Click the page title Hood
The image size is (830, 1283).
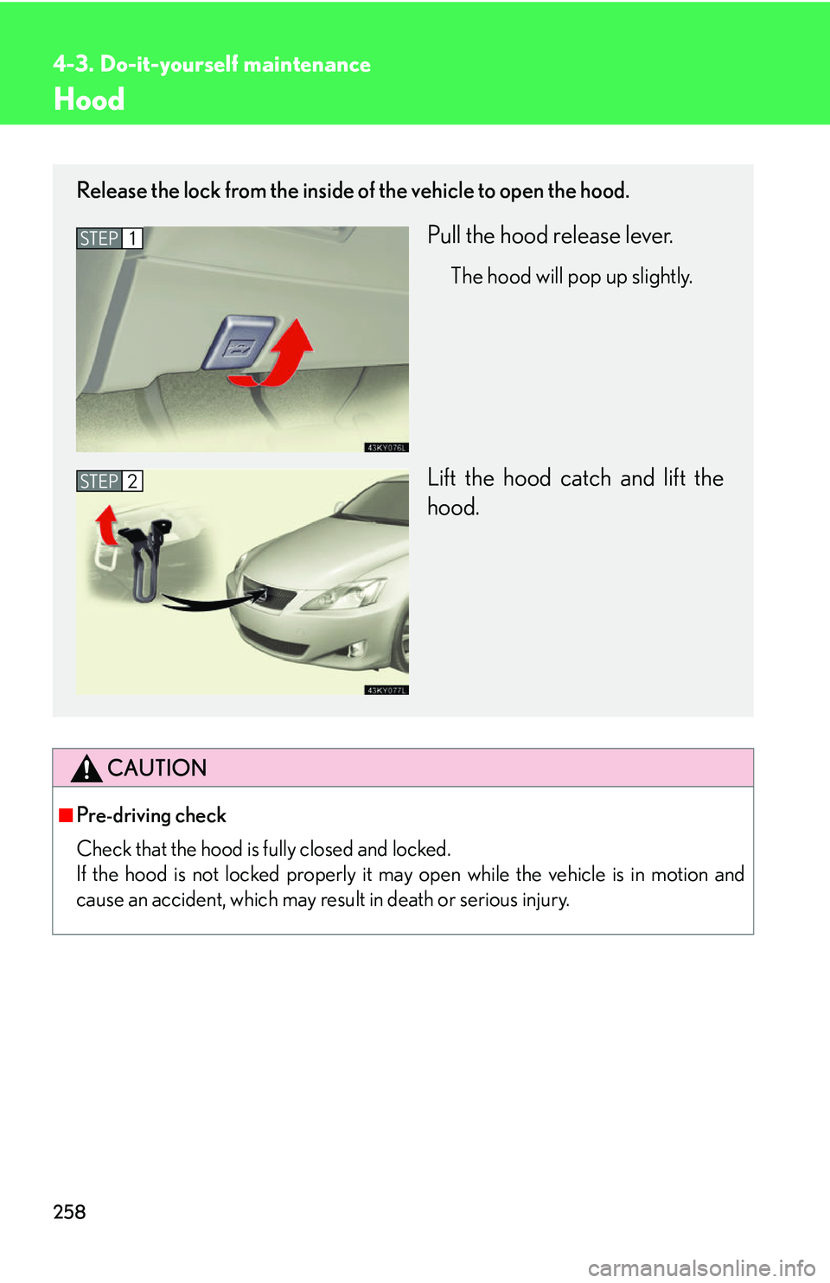pyautogui.click(x=89, y=100)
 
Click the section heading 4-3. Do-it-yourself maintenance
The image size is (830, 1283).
pyautogui.click(x=212, y=65)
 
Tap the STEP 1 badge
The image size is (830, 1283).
pyautogui.click(x=109, y=238)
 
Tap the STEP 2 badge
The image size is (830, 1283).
pyautogui.click(x=109, y=481)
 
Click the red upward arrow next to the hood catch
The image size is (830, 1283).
pyautogui.click(x=107, y=524)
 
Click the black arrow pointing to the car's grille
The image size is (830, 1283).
pyautogui.click(x=212, y=600)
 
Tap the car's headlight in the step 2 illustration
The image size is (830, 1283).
pyautogui.click(x=346, y=596)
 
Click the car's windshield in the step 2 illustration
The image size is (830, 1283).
pyautogui.click(x=380, y=501)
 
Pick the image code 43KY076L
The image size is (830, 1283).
pyautogui.click(x=386, y=447)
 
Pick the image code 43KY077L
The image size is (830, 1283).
pyautogui.click(x=386, y=690)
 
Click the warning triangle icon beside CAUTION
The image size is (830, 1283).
pyautogui.click(x=86, y=768)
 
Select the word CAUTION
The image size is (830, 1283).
pyautogui.click(x=156, y=768)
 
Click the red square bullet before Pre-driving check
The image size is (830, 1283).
pyautogui.click(x=66, y=815)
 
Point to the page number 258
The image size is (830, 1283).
pyautogui.click(x=69, y=1212)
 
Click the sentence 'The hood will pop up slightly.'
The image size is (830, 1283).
pyautogui.click(x=571, y=277)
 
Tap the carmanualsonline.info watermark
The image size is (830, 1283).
pyautogui.click(x=701, y=1268)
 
